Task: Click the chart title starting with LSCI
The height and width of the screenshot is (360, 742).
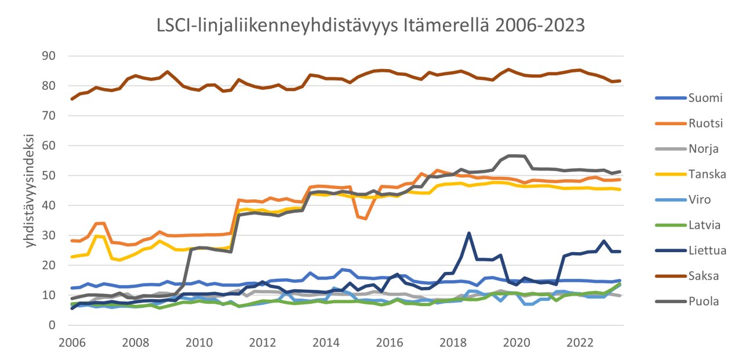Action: [371, 26]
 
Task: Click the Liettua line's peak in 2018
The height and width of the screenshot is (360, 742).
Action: [469, 234]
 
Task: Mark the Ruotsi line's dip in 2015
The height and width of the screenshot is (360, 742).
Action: [366, 219]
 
